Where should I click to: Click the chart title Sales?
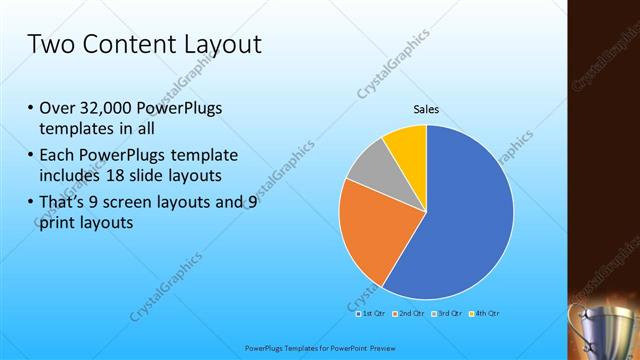(427, 110)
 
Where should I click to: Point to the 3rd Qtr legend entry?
(445, 313)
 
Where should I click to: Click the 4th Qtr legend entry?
(481, 313)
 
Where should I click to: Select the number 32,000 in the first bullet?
(104, 109)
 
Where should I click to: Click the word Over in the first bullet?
(56, 109)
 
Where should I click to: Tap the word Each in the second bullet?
(56, 155)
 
